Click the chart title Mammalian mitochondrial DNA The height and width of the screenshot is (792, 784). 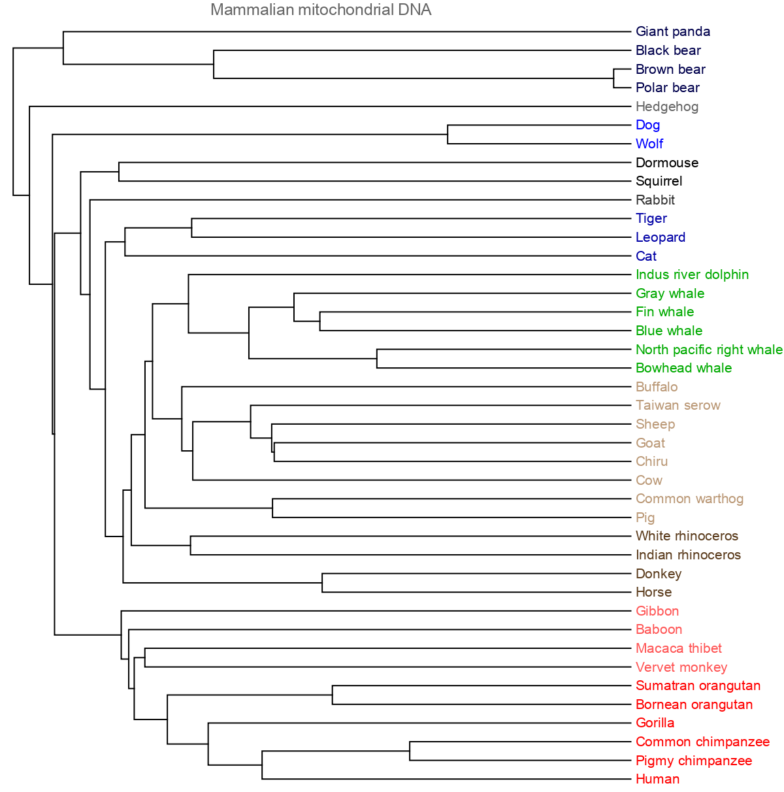(x=321, y=10)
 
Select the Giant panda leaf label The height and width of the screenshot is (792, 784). (x=672, y=31)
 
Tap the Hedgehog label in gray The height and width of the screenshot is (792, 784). (x=666, y=107)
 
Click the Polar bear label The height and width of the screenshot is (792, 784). (x=667, y=88)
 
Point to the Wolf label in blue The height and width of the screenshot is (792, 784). (x=649, y=144)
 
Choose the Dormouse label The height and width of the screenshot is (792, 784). (x=666, y=163)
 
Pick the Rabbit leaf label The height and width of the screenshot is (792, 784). (x=655, y=200)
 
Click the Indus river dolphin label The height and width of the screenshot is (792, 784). (x=692, y=274)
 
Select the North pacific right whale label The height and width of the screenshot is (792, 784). (x=709, y=350)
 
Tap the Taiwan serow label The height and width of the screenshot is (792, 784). (x=678, y=405)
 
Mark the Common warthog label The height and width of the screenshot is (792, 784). (x=689, y=499)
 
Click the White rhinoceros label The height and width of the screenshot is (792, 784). (x=687, y=536)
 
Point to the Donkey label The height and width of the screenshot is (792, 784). (x=658, y=574)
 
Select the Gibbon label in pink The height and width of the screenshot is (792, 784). (x=657, y=611)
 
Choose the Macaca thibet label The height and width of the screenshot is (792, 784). (x=678, y=648)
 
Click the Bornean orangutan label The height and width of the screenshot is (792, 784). (x=694, y=704)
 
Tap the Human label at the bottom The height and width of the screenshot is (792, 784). (x=657, y=779)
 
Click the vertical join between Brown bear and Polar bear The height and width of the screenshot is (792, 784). (x=613, y=78)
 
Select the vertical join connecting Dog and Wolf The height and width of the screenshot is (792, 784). (x=448, y=135)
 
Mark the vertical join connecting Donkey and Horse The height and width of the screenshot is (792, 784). (x=322, y=583)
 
